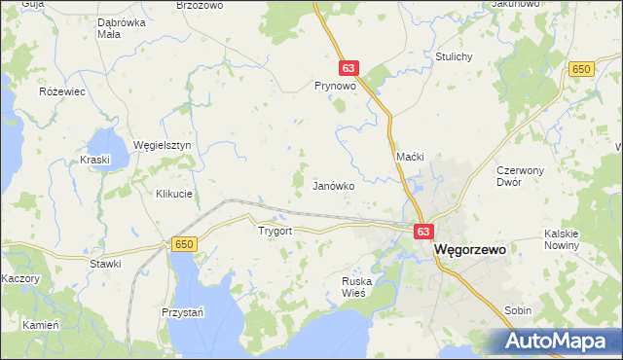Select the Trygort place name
[x=275, y=232]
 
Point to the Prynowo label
[x=331, y=86]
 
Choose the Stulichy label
[x=455, y=56]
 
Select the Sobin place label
[x=518, y=310]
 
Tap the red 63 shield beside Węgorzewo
[x=422, y=232]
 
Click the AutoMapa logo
[x=561, y=341]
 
